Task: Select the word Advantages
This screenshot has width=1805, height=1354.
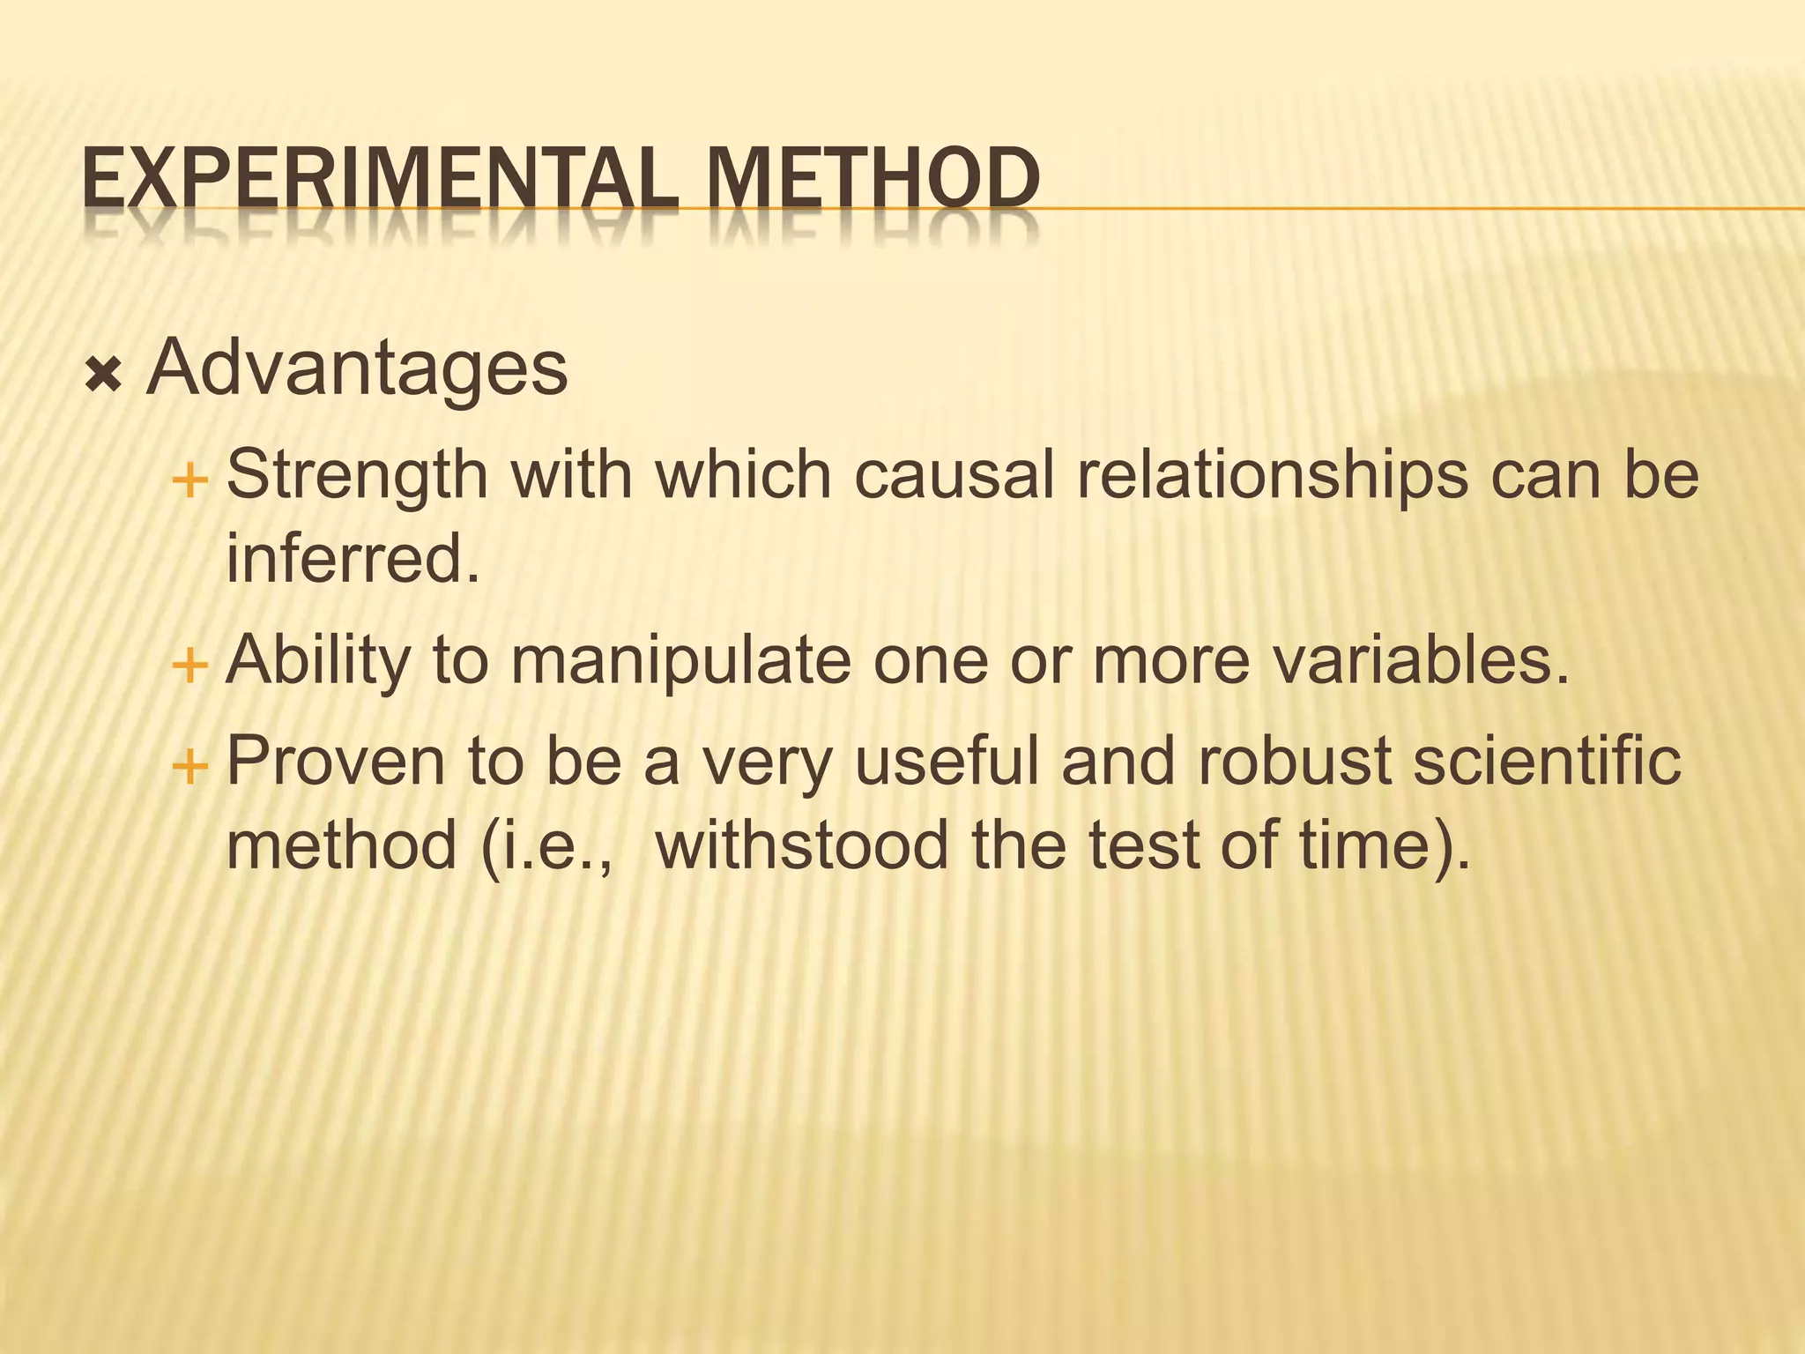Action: (x=358, y=368)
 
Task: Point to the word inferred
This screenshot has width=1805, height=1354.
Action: (x=353, y=559)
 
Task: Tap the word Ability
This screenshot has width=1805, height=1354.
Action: (x=318, y=661)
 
